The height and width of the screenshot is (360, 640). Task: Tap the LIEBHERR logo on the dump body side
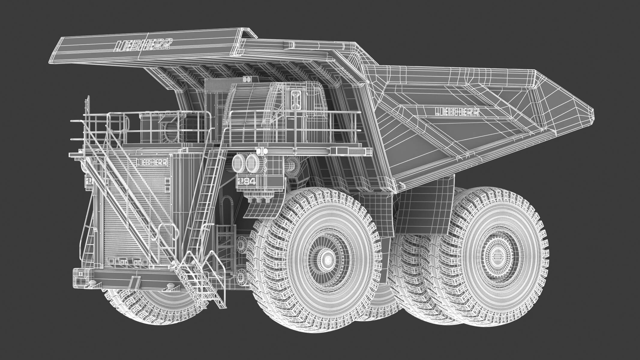[x=457, y=112]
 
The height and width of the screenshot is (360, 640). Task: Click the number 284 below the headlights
[x=246, y=181]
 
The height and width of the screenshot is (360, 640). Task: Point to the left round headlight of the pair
[x=239, y=163]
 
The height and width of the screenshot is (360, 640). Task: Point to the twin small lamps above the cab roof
[x=248, y=80]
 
